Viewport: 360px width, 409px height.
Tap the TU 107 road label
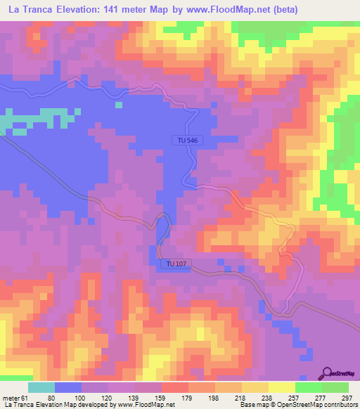coord(177,264)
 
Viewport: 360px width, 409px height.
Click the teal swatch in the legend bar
coord(41,387)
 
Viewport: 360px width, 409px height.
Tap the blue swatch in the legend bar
coord(68,387)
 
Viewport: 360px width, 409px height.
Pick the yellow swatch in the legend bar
coord(281,387)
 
